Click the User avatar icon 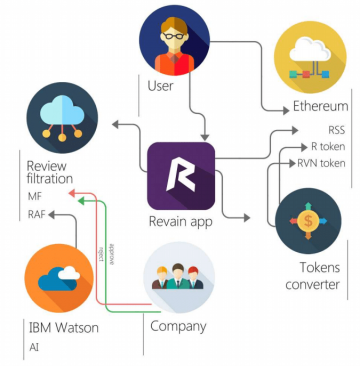[x=174, y=38]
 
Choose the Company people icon [x=178, y=276]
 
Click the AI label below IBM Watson [x=33, y=349]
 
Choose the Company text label [x=178, y=326]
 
